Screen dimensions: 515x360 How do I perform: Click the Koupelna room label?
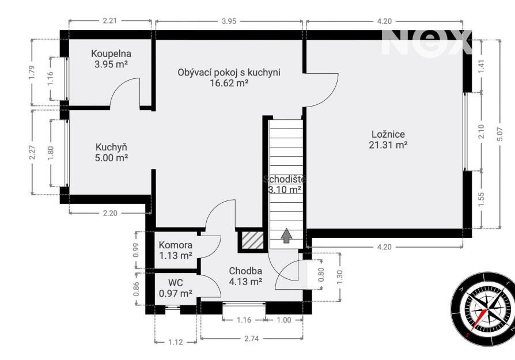[x=111, y=54]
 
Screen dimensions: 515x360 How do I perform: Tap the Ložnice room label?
[x=388, y=134]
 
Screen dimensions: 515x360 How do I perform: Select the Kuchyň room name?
[x=111, y=147]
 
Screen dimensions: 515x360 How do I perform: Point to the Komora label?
[x=175, y=245]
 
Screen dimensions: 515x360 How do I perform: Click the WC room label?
[x=175, y=283]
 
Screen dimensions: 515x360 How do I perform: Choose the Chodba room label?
[x=245, y=271]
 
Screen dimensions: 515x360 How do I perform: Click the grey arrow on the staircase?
[x=287, y=236]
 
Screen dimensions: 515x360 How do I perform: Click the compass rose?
[x=483, y=309]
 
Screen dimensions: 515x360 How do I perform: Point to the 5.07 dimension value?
[x=500, y=134]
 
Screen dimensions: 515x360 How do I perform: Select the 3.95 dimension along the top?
[x=229, y=21]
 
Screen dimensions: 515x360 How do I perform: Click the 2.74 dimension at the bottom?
[x=252, y=339]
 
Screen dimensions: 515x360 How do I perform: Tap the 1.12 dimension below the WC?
[x=176, y=342]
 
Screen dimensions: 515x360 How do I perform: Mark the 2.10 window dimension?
[x=481, y=131]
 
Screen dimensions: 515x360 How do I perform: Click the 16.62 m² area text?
[x=229, y=83]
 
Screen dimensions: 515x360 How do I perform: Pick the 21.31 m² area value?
[x=388, y=145]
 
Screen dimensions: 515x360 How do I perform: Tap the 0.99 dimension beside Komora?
[x=136, y=250]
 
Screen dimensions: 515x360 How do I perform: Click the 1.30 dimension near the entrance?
[x=340, y=277]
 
